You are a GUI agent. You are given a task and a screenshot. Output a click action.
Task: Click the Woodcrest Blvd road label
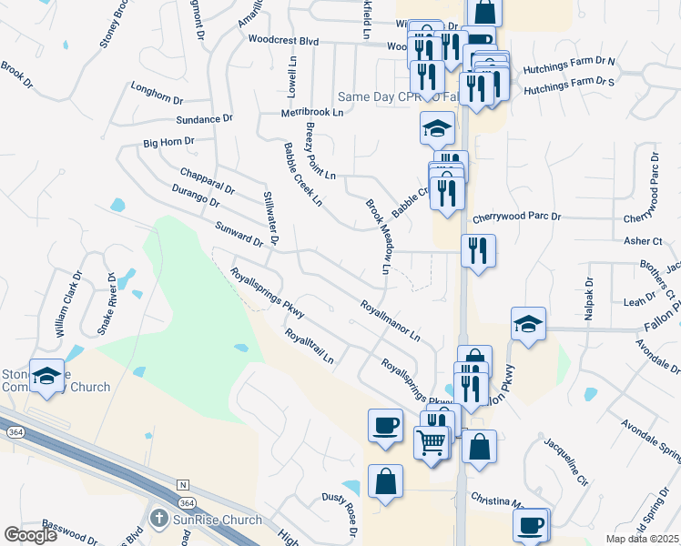(283, 41)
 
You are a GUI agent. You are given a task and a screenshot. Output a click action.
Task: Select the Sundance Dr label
(205, 119)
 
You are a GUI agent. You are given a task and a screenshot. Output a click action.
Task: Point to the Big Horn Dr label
(169, 143)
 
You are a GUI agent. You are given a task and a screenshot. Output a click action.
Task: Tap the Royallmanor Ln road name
(390, 321)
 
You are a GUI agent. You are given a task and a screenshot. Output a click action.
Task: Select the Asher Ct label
(644, 241)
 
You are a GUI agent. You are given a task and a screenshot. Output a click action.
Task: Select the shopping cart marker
(432, 443)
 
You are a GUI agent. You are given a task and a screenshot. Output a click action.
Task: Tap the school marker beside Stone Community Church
(46, 376)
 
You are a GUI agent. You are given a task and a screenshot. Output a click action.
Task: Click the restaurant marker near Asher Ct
(478, 250)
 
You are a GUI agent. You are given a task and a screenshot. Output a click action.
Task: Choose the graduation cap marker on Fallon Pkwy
(528, 325)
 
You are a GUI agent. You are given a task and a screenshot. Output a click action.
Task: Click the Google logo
(30, 535)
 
